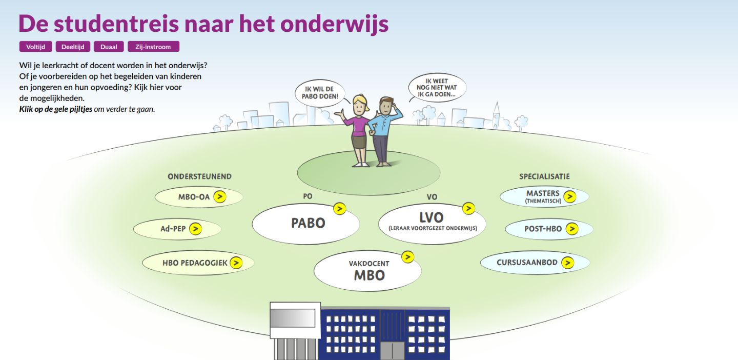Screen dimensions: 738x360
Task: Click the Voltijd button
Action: coord(35,47)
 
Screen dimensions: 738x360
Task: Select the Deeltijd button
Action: coord(73,47)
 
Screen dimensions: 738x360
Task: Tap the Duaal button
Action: coord(109,47)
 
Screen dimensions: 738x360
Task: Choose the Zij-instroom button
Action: coord(153,47)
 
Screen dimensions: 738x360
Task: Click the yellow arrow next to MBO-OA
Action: coord(220,197)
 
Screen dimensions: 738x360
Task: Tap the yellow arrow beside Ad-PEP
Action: coord(195,229)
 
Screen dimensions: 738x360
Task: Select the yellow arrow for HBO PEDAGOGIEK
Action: coord(236,263)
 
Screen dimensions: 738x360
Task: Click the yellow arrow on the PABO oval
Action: coord(340,209)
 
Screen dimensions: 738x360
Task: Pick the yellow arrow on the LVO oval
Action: coord(468,208)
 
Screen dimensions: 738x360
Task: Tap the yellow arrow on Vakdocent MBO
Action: coord(407,257)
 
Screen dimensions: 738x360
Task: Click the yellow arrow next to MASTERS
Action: coord(570,197)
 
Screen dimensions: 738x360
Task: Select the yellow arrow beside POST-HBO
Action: coord(572,229)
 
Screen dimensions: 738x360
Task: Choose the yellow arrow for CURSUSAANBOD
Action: coord(567,263)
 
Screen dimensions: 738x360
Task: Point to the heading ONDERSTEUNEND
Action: coord(200,177)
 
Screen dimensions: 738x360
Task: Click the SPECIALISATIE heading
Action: coord(545,177)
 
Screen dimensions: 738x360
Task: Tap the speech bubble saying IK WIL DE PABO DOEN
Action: coord(320,93)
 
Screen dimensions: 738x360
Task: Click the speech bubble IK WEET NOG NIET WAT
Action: coord(437,88)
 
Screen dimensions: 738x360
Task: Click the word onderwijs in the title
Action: coord(334,24)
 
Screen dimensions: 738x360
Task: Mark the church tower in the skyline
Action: coord(496,115)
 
